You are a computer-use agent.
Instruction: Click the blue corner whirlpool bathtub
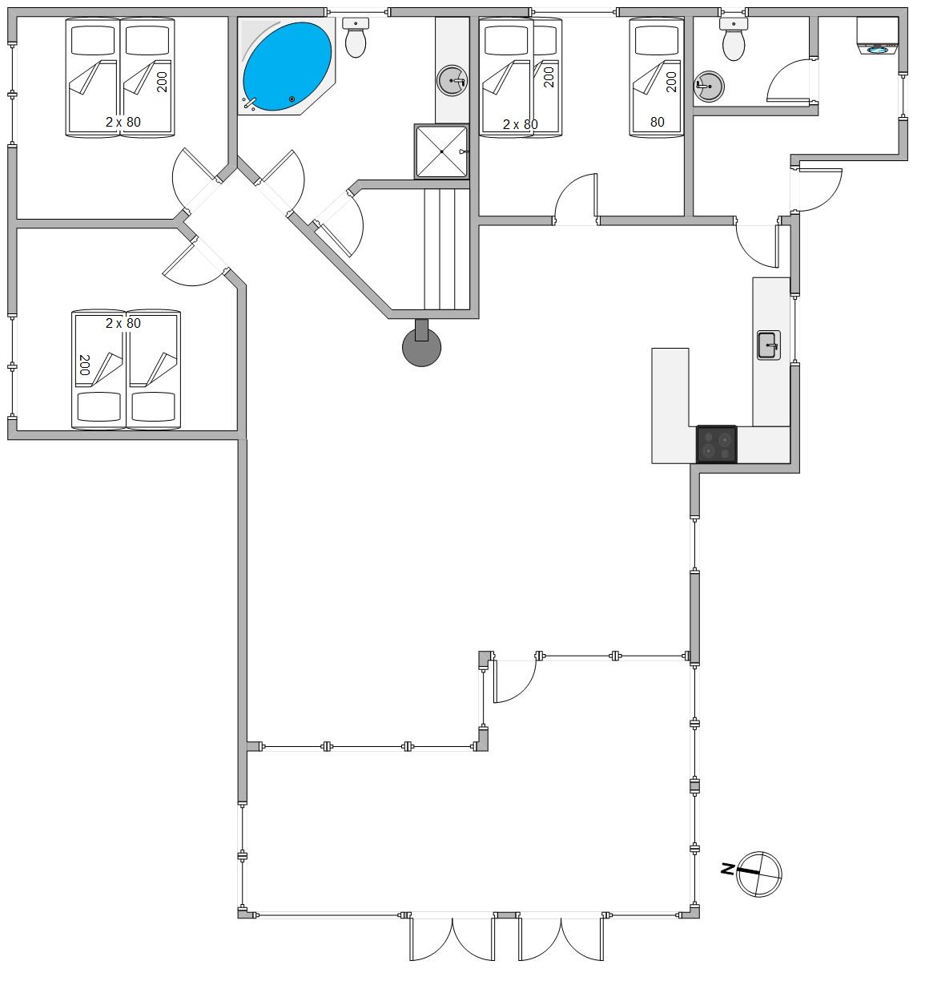pyautogui.click(x=287, y=67)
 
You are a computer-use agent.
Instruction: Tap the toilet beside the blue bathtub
pyautogui.click(x=355, y=38)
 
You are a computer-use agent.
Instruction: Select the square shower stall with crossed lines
pyautogui.click(x=441, y=151)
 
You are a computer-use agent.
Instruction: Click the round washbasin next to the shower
pyautogui.click(x=452, y=80)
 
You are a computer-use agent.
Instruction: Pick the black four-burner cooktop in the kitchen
pyautogui.click(x=716, y=443)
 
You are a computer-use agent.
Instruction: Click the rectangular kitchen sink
pyautogui.click(x=769, y=345)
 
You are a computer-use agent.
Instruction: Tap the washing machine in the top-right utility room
pyautogui.click(x=877, y=36)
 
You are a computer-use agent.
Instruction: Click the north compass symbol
pyautogui.click(x=759, y=874)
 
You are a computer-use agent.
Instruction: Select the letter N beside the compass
pyautogui.click(x=728, y=869)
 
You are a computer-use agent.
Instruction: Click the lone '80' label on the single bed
pyautogui.click(x=657, y=122)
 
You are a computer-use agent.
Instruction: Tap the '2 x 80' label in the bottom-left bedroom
pyautogui.click(x=123, y=323)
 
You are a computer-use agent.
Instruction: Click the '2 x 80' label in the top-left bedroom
pyautogui.click(x=123, y=122)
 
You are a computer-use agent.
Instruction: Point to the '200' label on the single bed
pyautogui.click(x=671, y=82)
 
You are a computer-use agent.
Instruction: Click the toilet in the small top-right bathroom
pyautogui.click(x=733, y=39)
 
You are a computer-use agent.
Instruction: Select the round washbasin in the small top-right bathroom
pyautogui.click(x=709, y=87)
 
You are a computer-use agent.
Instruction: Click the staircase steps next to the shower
pyautogui.click(x=447, y=249)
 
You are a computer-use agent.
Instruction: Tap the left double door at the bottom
pyautogui.click(x=452, y=938)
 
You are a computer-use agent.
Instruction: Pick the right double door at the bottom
pyautogui.click(x=561, y=938)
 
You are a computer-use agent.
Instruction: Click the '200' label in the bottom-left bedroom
pyautogui.click(x=84, y=365)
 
